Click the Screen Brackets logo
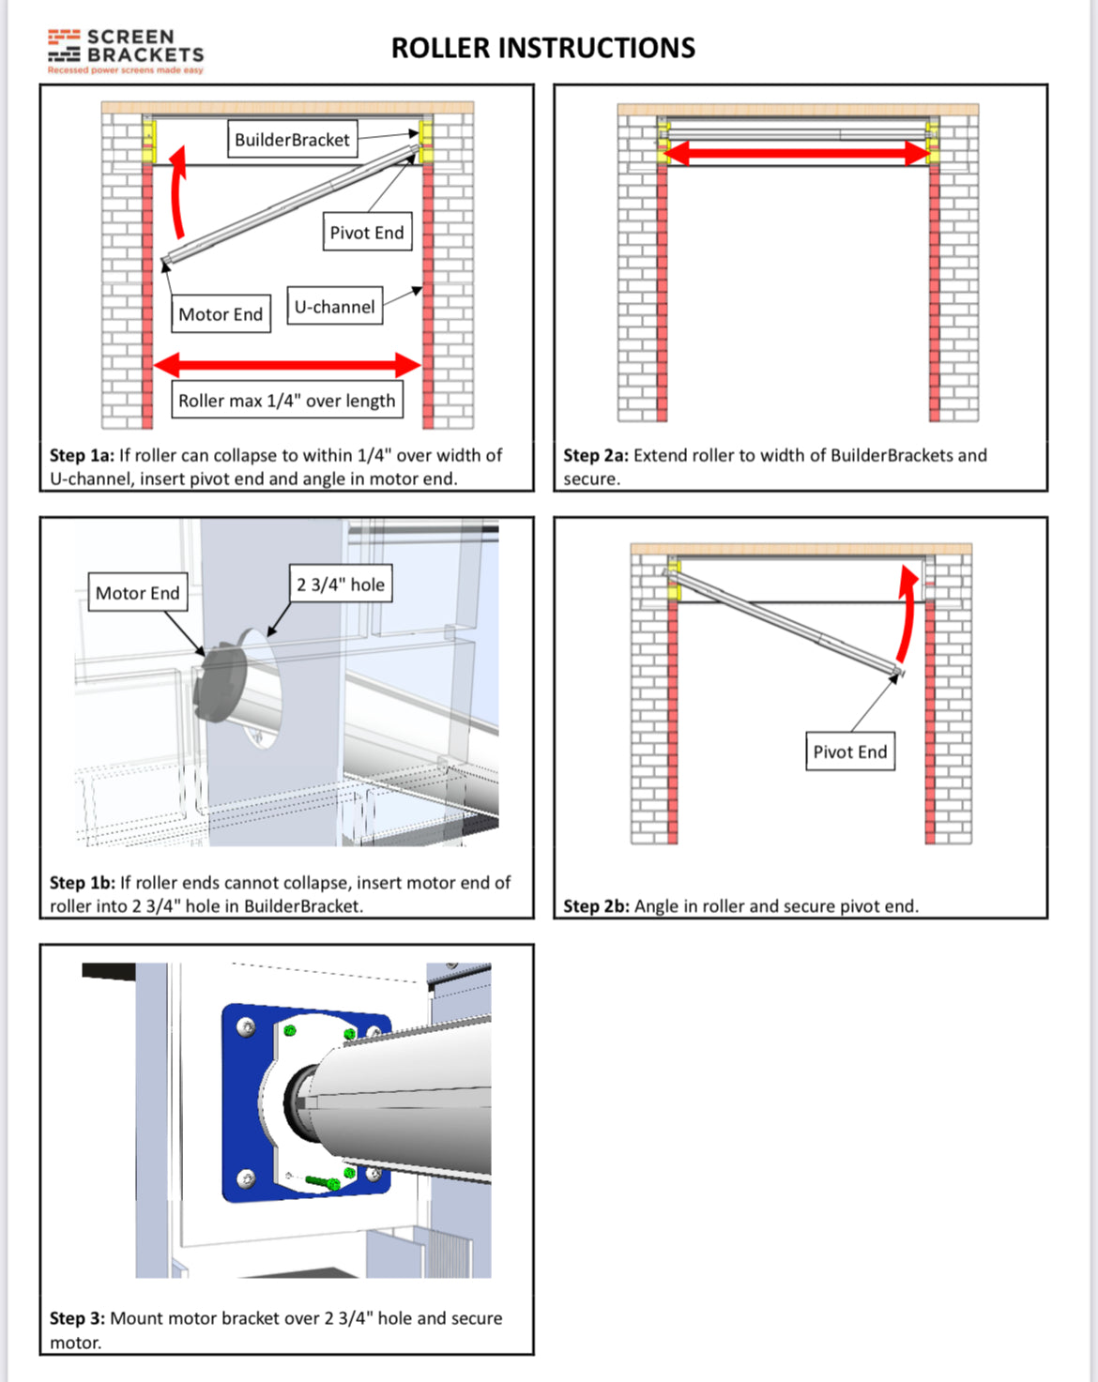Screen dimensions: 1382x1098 (126, 50)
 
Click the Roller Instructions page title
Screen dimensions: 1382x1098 (542, 48)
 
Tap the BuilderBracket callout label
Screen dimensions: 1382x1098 (292, 140)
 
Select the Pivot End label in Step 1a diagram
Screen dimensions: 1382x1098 (367, 233)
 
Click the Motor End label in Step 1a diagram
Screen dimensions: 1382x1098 (221, 314)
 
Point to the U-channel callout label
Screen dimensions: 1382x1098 (334, 307)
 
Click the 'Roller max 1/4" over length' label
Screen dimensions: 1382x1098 (286, 401)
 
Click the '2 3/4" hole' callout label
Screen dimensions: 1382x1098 (341, 585)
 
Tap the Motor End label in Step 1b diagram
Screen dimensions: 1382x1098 (137, 593)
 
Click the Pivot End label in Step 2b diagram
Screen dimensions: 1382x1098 (849, 752)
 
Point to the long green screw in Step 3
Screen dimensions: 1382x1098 (322, 1181)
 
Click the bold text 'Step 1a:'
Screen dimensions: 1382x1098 (82, 456)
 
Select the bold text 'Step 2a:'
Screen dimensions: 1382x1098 (595, 456)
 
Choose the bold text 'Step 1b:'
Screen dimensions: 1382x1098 (82, 883)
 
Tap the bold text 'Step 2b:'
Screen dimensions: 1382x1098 (596, 906)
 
